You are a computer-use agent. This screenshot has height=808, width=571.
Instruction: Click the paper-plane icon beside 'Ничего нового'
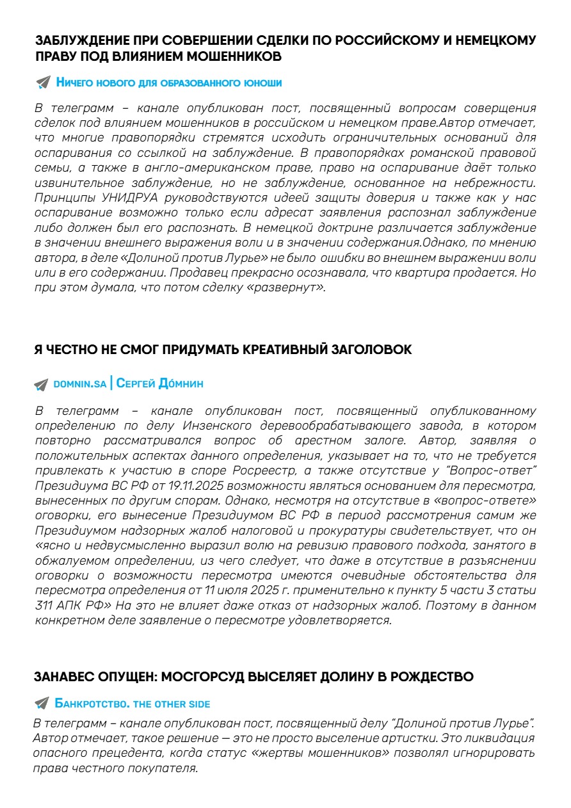[x=43, y=83]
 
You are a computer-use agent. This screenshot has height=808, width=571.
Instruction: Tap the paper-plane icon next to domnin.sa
[x=42, y=384]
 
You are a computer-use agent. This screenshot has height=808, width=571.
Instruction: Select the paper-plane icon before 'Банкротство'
[x=42, y=704]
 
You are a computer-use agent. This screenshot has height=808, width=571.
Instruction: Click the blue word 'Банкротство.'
[x=93, y=704]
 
